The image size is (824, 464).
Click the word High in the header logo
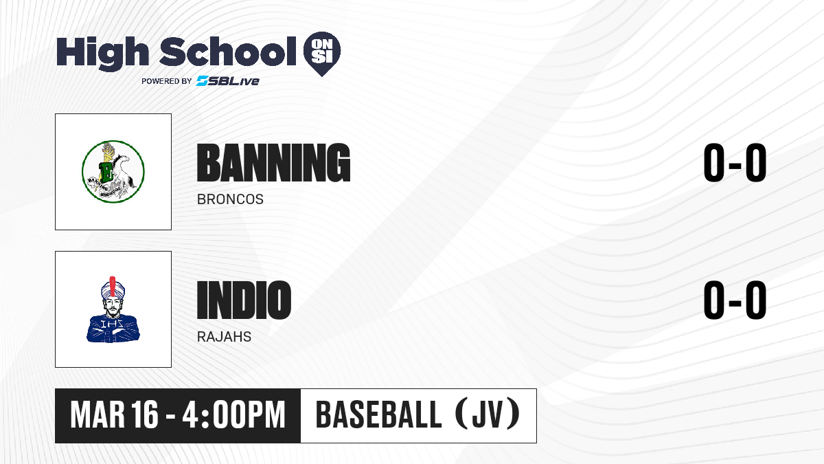(x=102, y=53)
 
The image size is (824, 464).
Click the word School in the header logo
(x=228, y=52)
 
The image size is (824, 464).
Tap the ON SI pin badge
(x=322, y=54)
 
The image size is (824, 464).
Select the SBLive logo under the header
(x=228, y=81)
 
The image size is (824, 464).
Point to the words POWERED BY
(x=167, y=81)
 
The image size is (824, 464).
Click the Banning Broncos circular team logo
(x=113, y=172)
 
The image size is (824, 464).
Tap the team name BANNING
(x=273, y=163)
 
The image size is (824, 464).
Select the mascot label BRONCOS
(x=230, y=199)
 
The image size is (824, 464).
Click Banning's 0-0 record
(x=735, y=162)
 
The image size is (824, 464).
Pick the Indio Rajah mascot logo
(x=113, y=309)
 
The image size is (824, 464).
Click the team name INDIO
(x=244, y=300)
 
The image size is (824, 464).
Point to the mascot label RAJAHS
(x=224, y=337)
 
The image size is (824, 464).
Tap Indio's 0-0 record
(x=735, y=300)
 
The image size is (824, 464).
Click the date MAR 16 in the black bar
(x=114, y=415)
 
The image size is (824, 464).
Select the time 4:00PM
(x=234, y=415)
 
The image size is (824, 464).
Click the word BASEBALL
(x=378, y=415)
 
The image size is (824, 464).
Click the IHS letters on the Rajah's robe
(x=112, y=324)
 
